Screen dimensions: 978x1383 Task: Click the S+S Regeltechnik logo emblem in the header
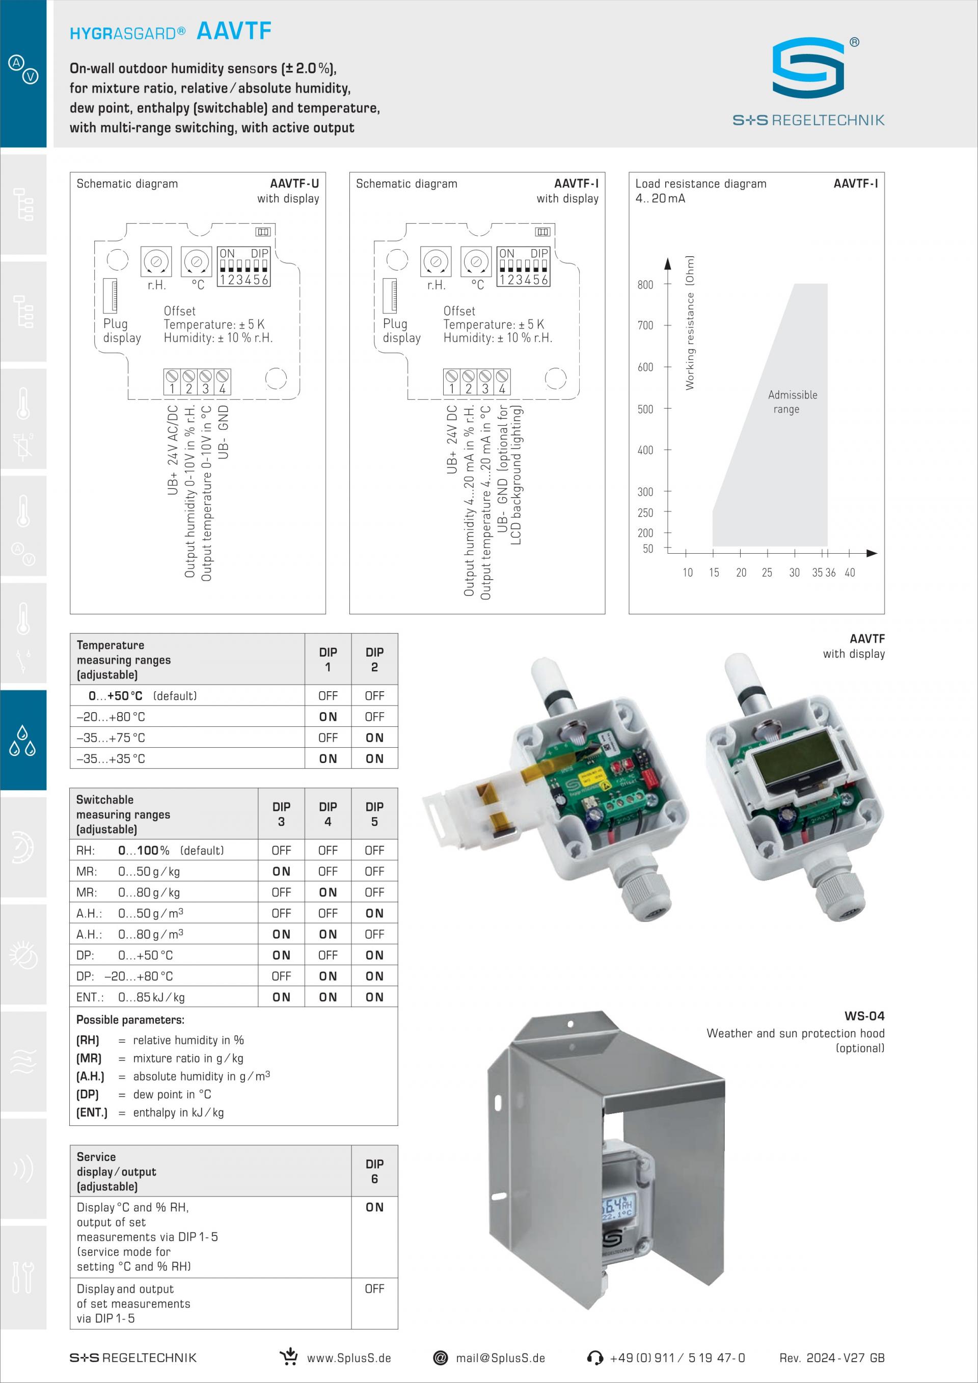808,67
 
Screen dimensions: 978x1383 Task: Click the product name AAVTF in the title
234,31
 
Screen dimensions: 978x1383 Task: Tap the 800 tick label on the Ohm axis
645,284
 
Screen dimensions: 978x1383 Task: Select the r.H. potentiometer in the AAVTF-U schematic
156,261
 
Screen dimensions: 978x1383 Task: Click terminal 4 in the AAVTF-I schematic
502,382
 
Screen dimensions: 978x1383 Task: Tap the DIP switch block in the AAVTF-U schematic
244,266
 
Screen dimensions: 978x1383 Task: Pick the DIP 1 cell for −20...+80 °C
328,717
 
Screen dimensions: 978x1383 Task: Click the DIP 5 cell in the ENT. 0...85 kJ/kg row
374,997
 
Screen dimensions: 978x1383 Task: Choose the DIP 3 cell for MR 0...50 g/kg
281,871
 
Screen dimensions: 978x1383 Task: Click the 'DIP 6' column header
374,1171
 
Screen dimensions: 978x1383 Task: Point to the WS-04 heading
864,1016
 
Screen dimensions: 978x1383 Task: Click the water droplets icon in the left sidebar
23,740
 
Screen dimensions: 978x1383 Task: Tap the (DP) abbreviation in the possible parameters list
87,1095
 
